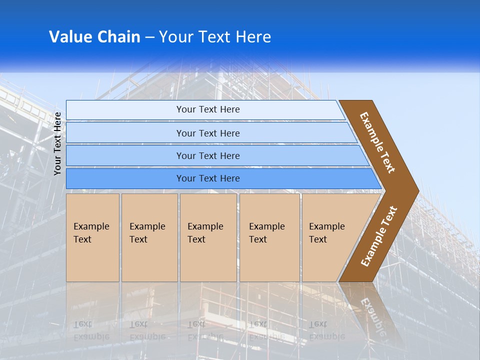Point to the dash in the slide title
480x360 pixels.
[149, 37]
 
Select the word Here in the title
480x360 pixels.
[253, 37]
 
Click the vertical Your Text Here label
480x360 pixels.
[57, 144]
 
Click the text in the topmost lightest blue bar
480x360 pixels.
[208, 109]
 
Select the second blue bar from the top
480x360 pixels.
[208, 133]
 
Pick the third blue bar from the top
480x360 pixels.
[208, 155]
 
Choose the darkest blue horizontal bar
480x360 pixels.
[208, 178]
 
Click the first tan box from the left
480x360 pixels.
[92, 237]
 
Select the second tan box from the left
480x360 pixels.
[149, 237]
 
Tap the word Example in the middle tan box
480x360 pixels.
[205, 226]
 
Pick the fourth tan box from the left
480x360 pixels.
[269, 237]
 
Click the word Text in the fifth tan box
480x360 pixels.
[318, 239]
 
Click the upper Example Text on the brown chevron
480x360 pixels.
[377, 142]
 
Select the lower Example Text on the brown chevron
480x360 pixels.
[379, 236]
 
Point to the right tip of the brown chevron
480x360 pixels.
[417, 190]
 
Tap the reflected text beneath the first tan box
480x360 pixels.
[91, 330]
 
